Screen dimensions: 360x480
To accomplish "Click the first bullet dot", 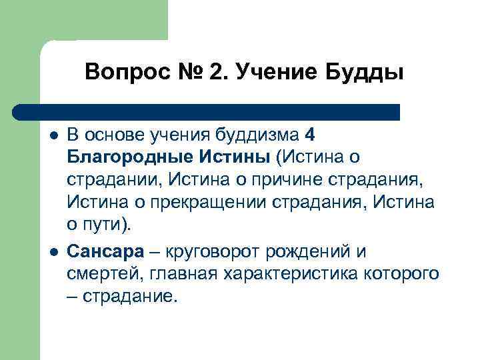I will [53, 135].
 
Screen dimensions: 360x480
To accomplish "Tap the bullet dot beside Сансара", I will [53, 252].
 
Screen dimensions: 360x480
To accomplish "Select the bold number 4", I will [308, 135].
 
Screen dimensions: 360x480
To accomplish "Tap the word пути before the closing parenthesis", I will [99, 223].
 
